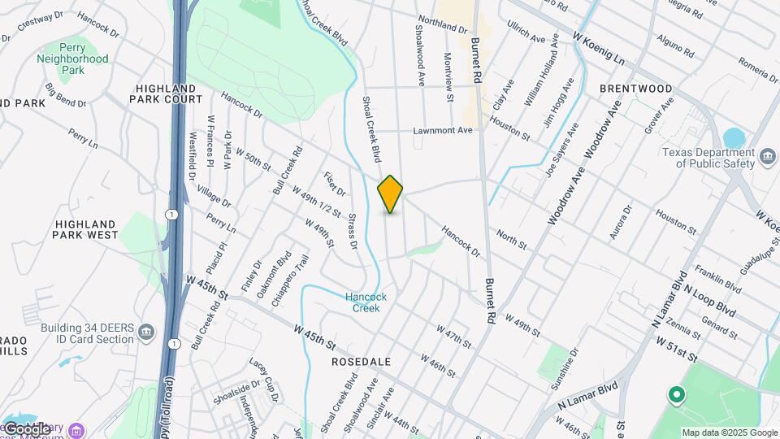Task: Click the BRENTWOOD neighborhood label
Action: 635,89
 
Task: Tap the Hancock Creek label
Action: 366,302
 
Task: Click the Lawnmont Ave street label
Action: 442,130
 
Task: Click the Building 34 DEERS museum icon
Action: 146,332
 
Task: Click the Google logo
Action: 26,428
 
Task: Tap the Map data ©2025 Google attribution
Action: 730,432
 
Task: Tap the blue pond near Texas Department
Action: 734,137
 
